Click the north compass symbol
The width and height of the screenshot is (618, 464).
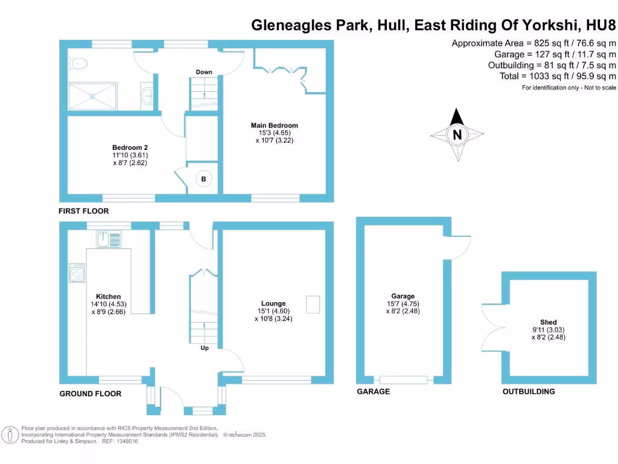(457, 134)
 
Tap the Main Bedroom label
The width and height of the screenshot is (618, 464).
(274, 126)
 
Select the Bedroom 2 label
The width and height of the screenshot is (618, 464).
(130, 147)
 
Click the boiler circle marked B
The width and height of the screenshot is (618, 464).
(203, 179)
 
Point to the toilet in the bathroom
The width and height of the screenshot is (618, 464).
(79, 63)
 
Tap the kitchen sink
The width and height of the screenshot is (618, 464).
(108, 239)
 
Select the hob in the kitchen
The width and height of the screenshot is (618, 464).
(77, 274)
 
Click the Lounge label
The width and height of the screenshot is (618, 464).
(273, 303)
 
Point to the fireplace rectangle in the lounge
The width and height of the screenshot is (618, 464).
(313, 304)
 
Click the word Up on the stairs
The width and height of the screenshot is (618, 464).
(205, 347)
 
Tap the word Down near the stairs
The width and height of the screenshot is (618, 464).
(204, 72)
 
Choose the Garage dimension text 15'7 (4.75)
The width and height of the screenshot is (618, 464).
(403, 304)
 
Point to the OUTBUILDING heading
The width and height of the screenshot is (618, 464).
(529, 391)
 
